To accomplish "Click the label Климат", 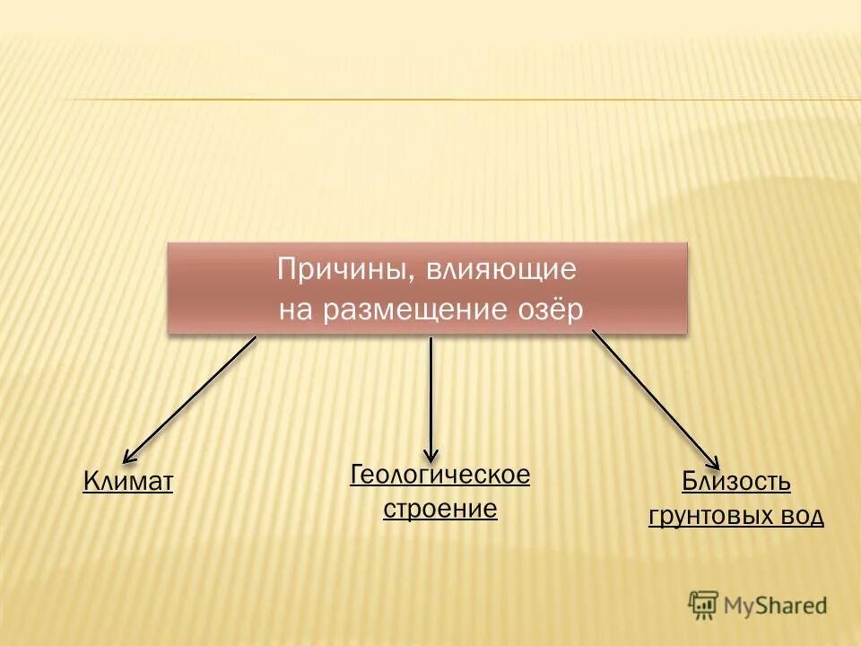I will tap(127, 482).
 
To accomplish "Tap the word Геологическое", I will tap(439, 475).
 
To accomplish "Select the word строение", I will tap(439, 510).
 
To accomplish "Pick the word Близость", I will tap(735, 482).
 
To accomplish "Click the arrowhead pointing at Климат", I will tap(128, 457).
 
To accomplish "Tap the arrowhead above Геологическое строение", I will tap(431, 455).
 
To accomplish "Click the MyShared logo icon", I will tap(703, 605).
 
